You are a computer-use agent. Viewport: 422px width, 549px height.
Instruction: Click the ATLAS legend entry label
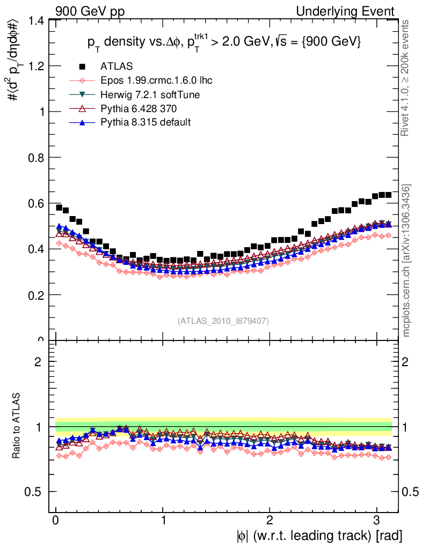point(116,66)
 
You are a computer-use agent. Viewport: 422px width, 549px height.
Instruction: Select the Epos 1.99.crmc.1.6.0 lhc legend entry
point(156,80)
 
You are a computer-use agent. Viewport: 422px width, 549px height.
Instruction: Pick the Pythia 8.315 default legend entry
point(145,123)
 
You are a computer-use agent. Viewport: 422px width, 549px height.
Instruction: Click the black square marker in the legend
point(82,66)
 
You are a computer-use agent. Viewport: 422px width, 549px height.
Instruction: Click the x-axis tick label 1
point(163,521)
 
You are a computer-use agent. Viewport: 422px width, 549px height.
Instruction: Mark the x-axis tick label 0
point(56,521)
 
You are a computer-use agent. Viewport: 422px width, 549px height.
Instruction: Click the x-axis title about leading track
point(319,536)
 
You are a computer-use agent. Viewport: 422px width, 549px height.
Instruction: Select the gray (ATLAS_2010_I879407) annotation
point(223,321)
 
